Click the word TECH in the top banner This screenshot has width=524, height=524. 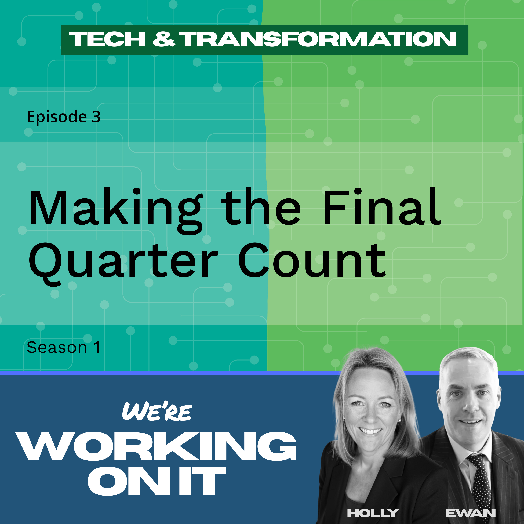[x=107, y=39]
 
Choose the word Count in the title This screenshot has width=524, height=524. [x=312, y=260]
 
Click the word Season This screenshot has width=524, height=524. [x=57, y=348]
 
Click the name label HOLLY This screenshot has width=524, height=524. [x=373, y=513]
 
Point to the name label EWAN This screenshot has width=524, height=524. [x=470, y=513]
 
